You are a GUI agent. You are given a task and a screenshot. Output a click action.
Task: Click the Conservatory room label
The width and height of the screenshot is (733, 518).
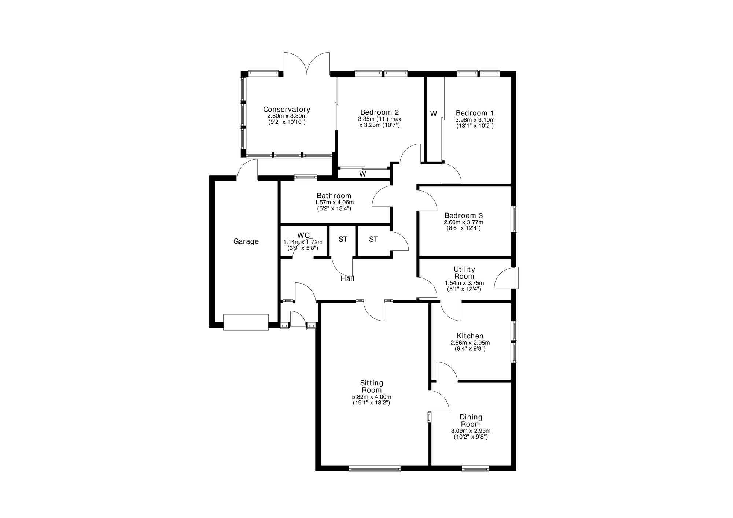click(x=287, y=109)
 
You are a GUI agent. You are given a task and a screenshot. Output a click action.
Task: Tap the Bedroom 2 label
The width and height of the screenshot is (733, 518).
click(x=379, y=112)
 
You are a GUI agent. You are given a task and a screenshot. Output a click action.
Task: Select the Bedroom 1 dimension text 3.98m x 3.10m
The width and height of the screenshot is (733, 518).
click(x=475, y=120)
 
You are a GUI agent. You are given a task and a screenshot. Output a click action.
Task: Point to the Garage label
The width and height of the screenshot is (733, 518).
click(x=246, y=242)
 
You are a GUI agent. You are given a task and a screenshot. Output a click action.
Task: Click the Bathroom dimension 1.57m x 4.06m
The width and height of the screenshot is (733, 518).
click(x=334, y=202)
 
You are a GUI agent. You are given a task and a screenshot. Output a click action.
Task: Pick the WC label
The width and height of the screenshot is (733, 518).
click(x=303, y=235)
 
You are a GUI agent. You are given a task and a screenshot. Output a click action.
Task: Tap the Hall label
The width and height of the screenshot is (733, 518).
click(x=347, y=279)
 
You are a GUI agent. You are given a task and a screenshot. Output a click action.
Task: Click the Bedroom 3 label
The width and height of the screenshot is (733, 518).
click(x=464, y=216)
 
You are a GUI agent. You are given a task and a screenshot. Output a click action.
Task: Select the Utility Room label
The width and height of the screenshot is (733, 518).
click(x=464, y=273)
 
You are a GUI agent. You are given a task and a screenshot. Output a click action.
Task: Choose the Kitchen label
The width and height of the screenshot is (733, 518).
click(x=470, y=336)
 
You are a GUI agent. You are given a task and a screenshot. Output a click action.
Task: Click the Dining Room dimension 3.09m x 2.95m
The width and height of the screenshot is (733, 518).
click(x=471, y=431)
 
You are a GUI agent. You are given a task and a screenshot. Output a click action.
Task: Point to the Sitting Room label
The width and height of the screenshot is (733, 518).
click(x=372, y=386)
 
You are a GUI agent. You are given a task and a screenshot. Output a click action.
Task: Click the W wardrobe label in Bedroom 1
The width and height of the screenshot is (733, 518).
click(x=434, y=114)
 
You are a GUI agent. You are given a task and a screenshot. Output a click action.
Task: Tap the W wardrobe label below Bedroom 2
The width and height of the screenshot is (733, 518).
click(x=362, y=174)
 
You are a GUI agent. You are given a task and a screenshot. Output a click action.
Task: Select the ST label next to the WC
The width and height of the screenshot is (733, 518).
click(x=343, y=240)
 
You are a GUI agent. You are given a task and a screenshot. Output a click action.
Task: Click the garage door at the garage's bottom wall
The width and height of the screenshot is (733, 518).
click(x=246, y=322)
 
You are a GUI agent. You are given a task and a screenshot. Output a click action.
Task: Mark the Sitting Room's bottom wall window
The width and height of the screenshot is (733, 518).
click(x=375, y=468)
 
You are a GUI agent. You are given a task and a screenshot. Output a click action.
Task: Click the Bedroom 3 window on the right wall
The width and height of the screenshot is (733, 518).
click(x=515, y=219)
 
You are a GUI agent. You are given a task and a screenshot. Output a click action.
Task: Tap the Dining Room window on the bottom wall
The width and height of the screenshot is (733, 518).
click(x=475, y=468)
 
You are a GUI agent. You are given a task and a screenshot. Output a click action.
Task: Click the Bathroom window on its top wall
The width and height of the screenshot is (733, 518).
click(x=306, y=178)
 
